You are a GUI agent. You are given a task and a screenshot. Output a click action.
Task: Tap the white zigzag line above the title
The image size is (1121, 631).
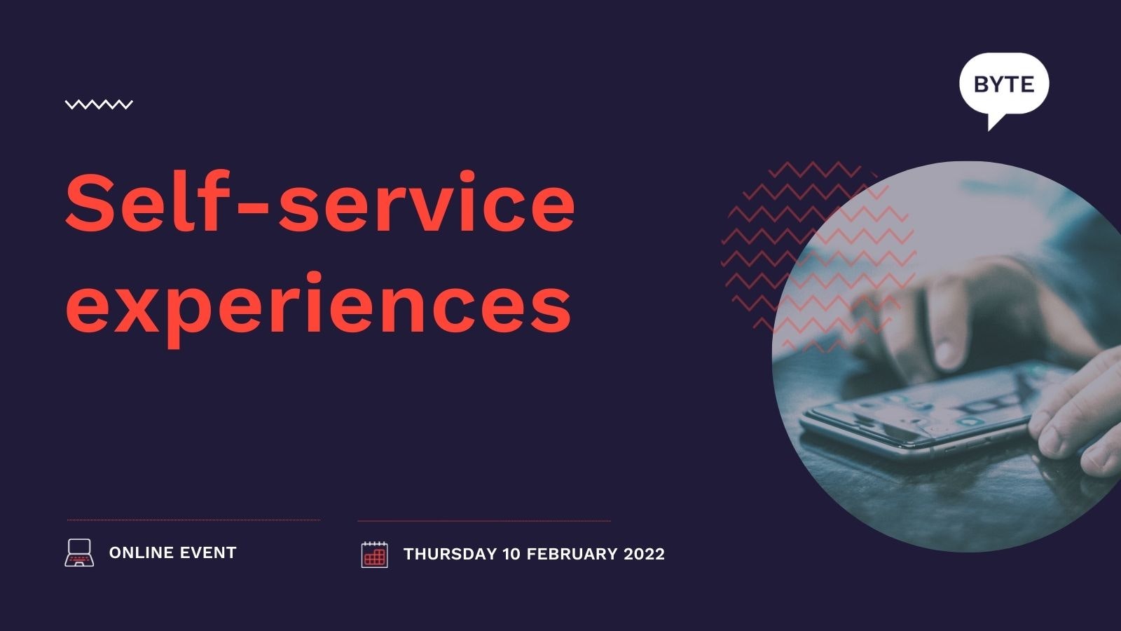click(99, 104)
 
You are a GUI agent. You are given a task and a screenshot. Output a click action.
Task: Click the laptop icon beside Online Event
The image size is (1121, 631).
click(79, 553)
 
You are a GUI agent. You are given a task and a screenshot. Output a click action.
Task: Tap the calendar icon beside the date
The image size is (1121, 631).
click(374, 555)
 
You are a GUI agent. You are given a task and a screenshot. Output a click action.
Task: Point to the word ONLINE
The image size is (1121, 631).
click(141, 553)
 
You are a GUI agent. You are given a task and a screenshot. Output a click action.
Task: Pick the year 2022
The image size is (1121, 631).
click(644, 554)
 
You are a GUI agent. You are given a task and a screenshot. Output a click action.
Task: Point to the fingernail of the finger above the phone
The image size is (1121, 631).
click(945, 353)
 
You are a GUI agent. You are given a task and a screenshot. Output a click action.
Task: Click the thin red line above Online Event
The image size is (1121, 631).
click(193, 520)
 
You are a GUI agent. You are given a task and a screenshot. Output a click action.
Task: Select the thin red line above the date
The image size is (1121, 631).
click(484, 521)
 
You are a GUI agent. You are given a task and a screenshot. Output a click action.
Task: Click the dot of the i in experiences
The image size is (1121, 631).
click(315, 278)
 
